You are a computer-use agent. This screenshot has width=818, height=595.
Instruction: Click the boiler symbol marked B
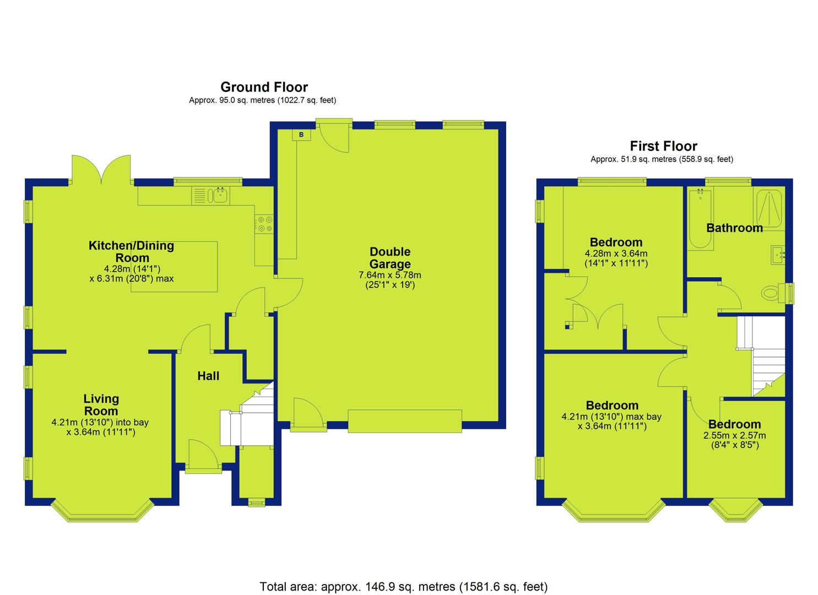click(x=301, y=135)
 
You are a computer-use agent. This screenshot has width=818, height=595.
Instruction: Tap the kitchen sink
click(x=218, y=196)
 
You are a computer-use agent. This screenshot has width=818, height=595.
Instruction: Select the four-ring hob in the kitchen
click(x=264, y=224)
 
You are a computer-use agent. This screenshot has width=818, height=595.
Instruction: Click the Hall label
click(x=208, y=376)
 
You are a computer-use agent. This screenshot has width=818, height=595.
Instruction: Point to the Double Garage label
click(x=390, y=257)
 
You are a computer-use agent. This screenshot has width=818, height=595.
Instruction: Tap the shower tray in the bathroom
click(x=769, y=208)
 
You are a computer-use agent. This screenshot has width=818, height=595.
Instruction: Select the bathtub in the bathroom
click(x=700, y=219)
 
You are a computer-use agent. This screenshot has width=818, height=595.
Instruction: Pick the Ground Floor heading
click(x=264, y=87)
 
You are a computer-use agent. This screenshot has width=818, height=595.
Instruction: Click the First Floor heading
click(x=664, y=146)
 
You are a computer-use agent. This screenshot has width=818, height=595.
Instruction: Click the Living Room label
click(x=101, y=405)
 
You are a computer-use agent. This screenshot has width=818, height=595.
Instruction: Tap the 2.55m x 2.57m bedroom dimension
click(x=735, y=435)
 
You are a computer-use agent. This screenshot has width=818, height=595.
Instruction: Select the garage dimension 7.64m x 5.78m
click(x=390, y=275)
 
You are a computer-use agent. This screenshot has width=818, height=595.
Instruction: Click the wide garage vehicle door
click(x=405, y=421)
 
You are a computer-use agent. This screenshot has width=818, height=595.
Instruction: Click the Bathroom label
click(x=734, y=228)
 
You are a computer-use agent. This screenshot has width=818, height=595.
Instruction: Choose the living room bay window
click(x=102, y=510)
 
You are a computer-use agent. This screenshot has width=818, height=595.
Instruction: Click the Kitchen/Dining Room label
click(x=132, y=251)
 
